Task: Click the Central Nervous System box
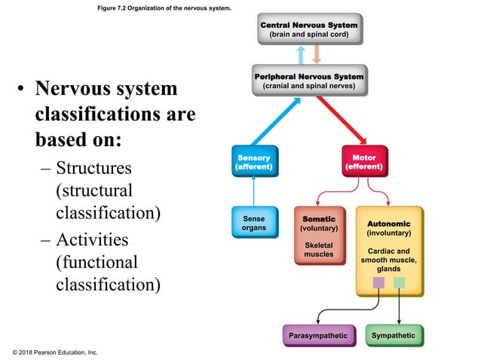[x=308, y=29]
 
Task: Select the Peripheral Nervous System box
[x=308, y=81]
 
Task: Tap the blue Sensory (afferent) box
[x=254, y=161]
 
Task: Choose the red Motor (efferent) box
[x=364, y=161]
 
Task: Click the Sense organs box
[x=254, y=222]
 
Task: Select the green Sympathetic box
[x=394, y=334]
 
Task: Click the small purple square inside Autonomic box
[x=379, y=282]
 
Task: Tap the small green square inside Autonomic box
[x=400, y=282]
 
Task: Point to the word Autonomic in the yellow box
[x=389, y=224]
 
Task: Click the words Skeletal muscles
[x=318, y=249]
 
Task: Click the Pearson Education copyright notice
[x=55, y=352]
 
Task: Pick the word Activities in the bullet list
[x=92, y=239]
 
